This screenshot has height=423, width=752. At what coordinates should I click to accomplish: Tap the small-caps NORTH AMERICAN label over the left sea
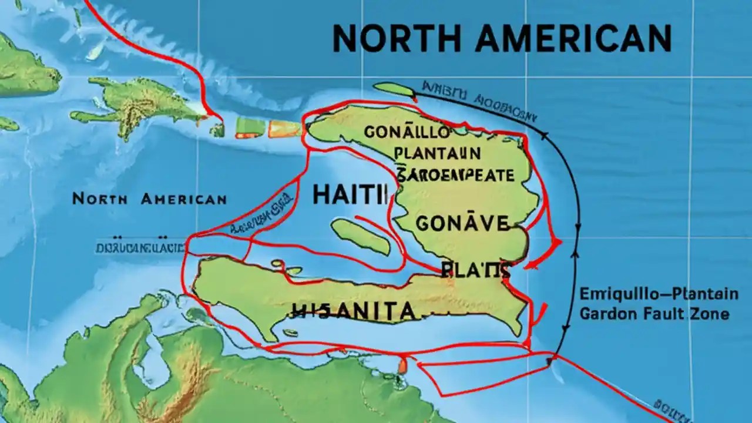[x=149, y=199]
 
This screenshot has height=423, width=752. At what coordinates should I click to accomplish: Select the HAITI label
[x=351, y=194]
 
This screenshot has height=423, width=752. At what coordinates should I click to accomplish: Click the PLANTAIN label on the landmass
[x=438, y=153]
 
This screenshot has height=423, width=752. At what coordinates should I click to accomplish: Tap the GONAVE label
[x=462, y=223]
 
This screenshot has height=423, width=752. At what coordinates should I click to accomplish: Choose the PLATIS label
[x=475, y=270]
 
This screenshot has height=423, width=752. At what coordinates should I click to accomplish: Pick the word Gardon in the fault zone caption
[x=608, y=314]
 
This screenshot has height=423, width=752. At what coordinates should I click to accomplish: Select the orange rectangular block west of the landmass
[x=285, y=129]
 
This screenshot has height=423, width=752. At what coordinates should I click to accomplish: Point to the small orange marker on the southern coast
[x=402, y=365]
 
